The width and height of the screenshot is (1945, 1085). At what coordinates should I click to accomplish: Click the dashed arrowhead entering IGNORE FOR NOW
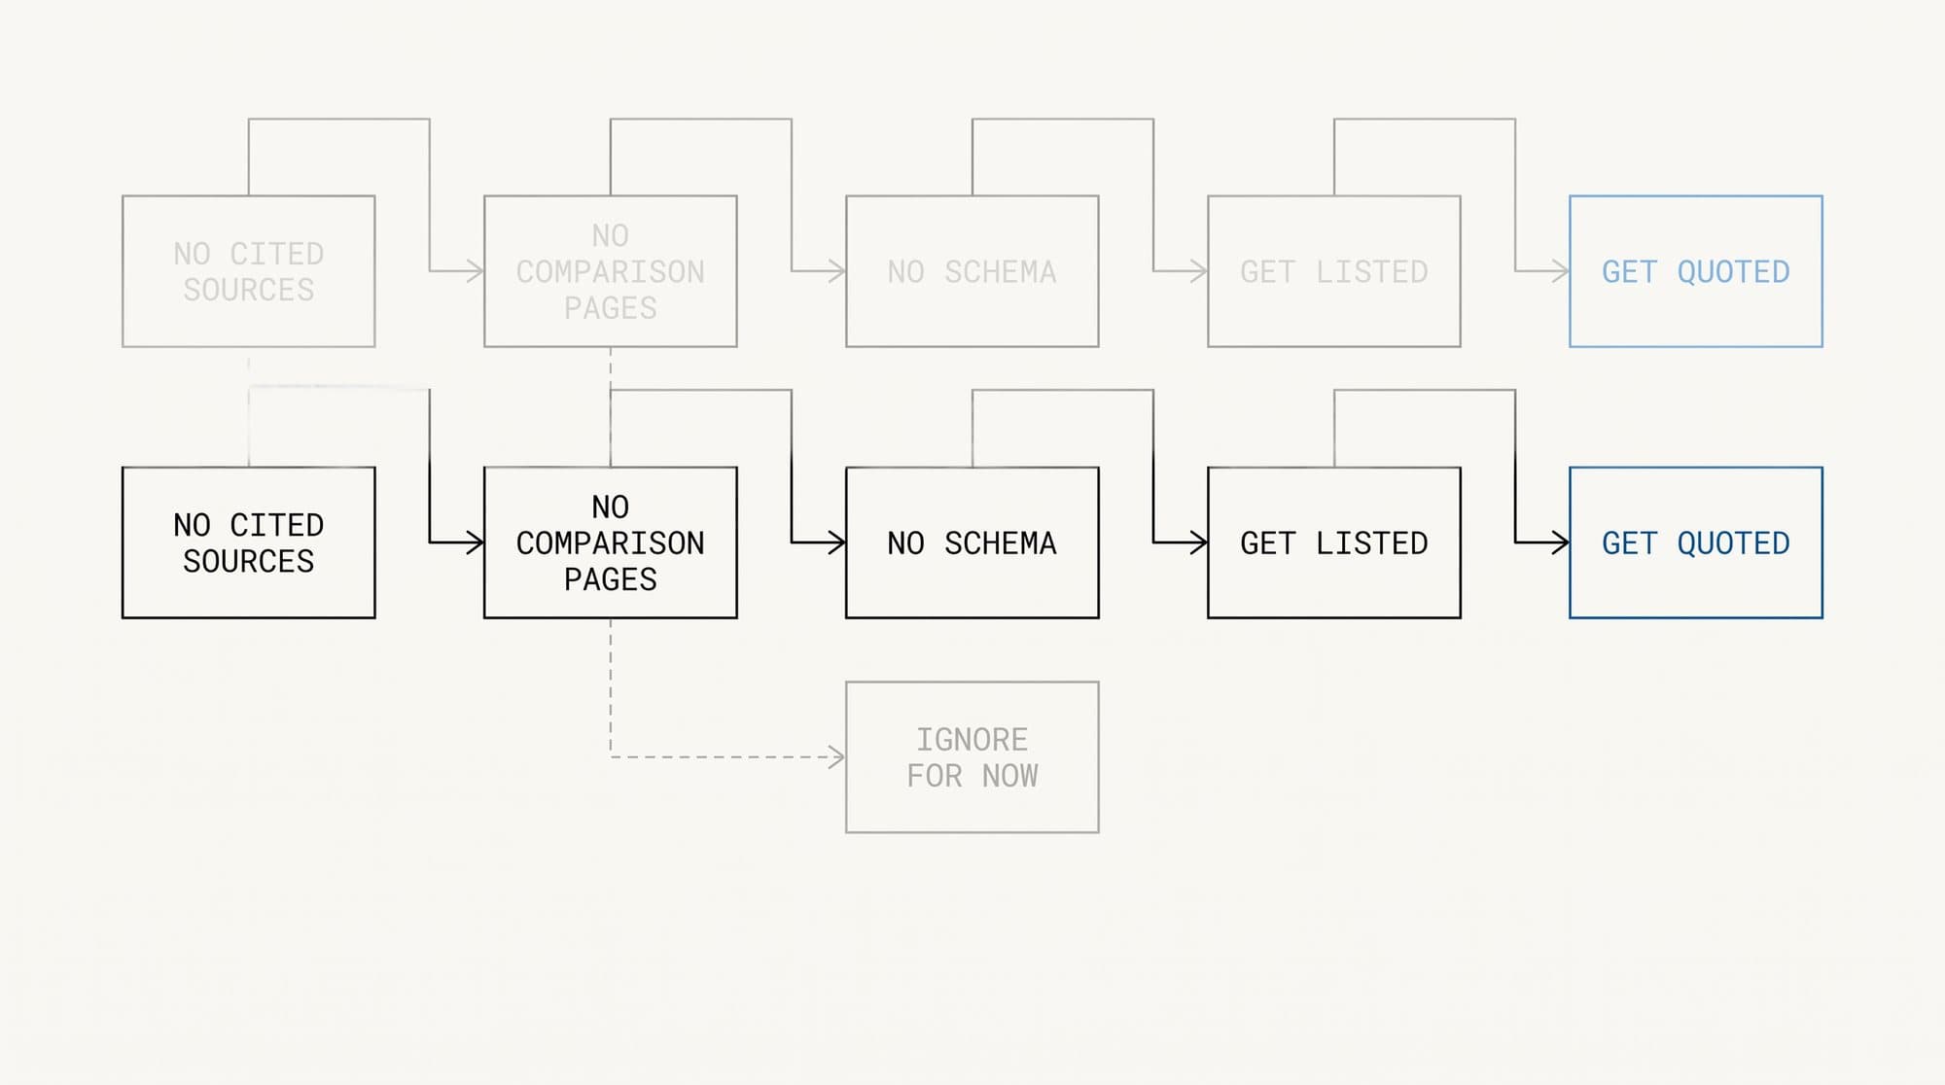pyautogui.click(x=837, y=757)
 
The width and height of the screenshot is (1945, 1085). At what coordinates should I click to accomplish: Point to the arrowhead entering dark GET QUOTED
pyautogui.click(x=1561, y=542)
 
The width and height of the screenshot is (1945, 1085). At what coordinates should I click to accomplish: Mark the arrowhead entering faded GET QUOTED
pyautogui.click(x=1561, y=271)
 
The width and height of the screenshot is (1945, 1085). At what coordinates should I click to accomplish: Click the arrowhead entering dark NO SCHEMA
pyautogui.click(x=837, y=542)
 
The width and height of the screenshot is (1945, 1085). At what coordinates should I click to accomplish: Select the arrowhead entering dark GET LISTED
pyautogui.click(x=1199, y=542)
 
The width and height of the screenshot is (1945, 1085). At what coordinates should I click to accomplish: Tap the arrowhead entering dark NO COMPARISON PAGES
pyautogui.click(x=476, y=542)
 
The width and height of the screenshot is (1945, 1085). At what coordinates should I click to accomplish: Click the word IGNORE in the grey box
pyautogui.click(x=972, y=740)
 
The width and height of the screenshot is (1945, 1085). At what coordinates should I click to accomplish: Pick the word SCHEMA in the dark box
pyautogui.click(x=1001, y=543)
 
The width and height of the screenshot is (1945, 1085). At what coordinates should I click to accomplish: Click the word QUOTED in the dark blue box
pyautogui.click(x=1734, y=543)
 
